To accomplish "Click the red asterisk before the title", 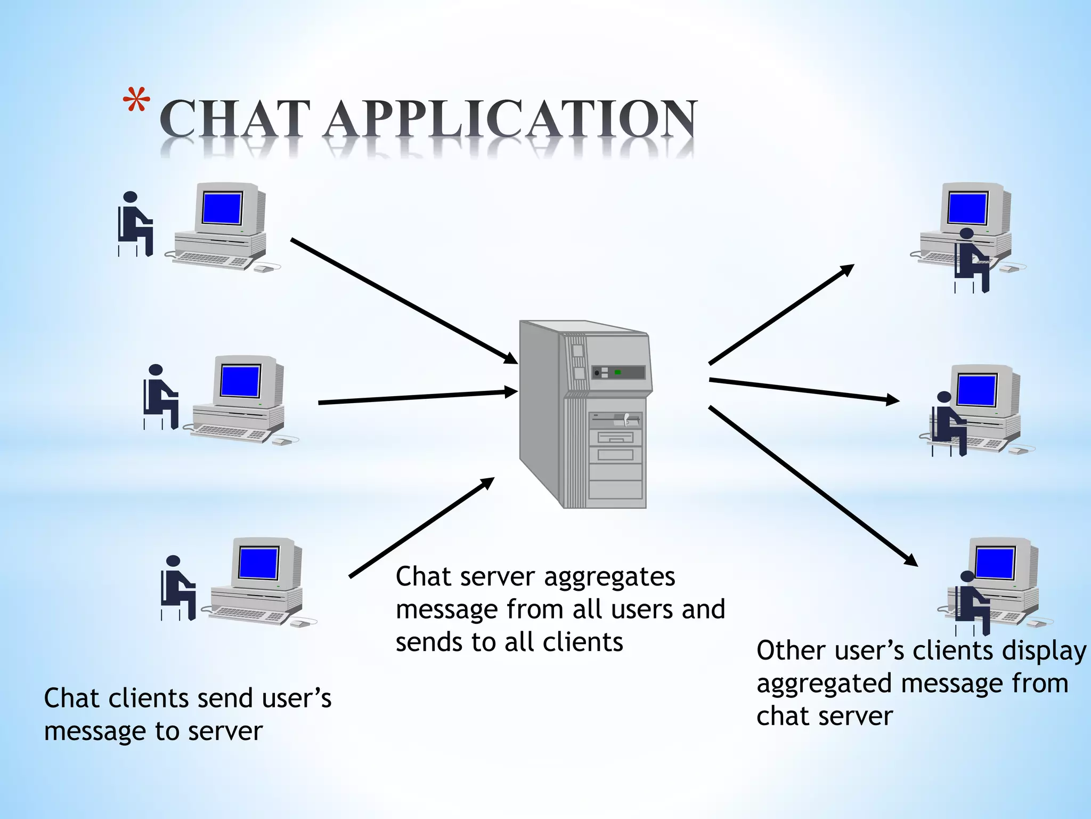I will pos(136,100).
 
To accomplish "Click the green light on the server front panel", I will pos(618,372).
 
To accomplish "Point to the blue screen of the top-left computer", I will pos(222,208).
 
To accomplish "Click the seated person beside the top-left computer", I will pos(134,224).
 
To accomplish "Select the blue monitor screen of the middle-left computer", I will pos(240,381).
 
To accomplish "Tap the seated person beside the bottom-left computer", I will pos(177,588).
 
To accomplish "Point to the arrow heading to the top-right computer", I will pos(780,315).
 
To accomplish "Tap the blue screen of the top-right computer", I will pos(967,208).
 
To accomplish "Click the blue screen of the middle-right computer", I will pos(976,390).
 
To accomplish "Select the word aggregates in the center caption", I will pos(609,577).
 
